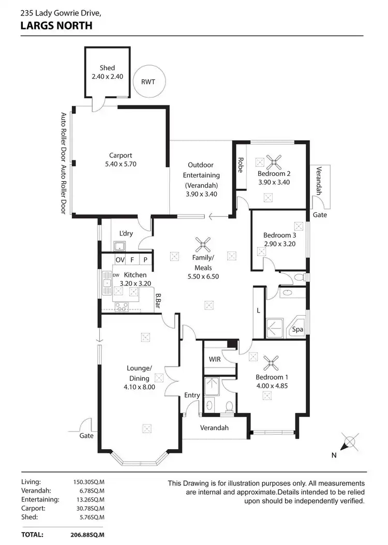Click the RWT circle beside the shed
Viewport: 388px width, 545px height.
click(148, 82)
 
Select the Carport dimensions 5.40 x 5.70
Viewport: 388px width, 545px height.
click(121, 164)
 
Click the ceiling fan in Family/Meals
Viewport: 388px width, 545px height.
click(203, 244)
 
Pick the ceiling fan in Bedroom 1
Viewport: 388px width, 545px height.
click(270, 361)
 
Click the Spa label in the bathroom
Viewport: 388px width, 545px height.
click(297, 330)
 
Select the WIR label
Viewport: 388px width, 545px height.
click(215, 359)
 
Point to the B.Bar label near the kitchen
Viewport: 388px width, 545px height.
click(159, 301)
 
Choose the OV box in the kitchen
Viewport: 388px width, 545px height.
click(120, 260)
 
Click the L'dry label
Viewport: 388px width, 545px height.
click(126, 233)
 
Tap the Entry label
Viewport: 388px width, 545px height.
click(192, 395)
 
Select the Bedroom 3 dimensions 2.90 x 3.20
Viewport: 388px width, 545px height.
click(279, 244)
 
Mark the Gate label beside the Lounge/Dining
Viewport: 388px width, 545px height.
click(86, 436)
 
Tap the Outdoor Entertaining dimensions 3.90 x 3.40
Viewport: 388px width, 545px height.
click(201, 195)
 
